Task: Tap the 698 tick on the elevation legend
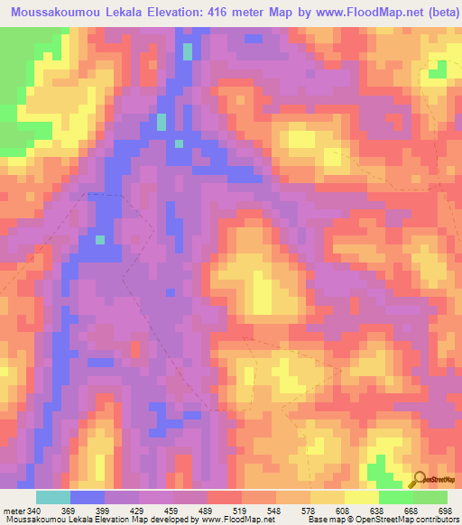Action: coord(445,511)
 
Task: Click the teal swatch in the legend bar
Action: coord(53,497)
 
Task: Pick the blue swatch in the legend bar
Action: coord(88,497)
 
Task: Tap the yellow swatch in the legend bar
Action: coord(361,497)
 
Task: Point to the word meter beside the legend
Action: coord(14,511)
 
